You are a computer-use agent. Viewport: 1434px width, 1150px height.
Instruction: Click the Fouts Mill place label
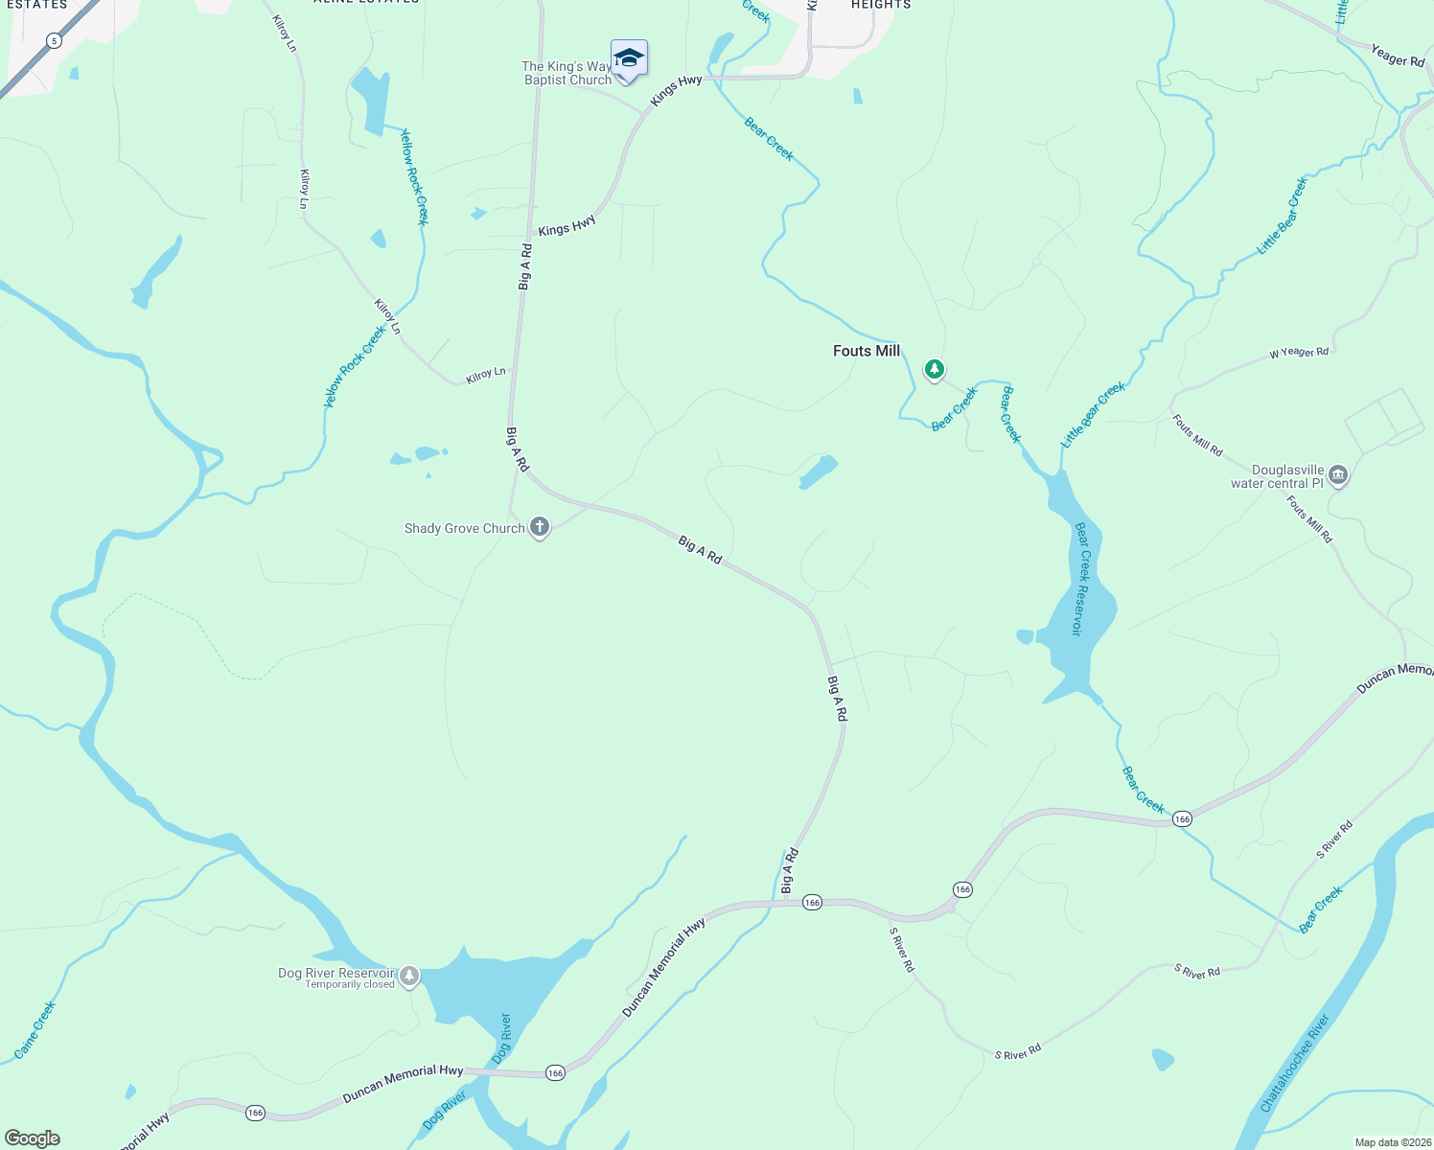(x=866, y=351)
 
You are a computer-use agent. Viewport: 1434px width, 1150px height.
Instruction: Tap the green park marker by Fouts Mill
(x=934, y=369)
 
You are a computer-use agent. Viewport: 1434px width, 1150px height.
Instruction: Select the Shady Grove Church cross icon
(x=540, y=527)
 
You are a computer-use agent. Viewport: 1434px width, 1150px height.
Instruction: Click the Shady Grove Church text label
(x=464, y=528)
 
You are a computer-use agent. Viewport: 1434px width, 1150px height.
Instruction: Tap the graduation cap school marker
(x=629, y=58)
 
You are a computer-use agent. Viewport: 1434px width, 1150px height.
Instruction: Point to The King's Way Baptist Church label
(x=567, y=73)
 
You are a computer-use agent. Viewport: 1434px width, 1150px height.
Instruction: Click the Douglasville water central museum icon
(x=1339, y=474)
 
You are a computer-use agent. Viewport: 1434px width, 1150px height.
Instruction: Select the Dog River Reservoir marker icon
(x=409, y=976)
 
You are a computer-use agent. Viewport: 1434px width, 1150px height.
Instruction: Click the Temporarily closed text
(x=350, y=985)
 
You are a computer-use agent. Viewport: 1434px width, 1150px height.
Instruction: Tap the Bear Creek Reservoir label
(x=1080, y=579)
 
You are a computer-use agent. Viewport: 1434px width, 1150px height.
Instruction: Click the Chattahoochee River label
(x=1294, y=1064)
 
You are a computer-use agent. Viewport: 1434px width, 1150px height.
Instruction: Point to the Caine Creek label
(x=35, y=1030)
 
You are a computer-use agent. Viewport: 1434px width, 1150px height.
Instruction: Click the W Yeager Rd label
(x=1299, y=353)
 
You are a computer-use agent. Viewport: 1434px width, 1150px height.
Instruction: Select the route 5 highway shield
(x=55, y=40)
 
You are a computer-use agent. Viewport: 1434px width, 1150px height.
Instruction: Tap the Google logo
(x=33, y=1138)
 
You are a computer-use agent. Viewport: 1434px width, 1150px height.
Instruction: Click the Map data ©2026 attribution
(x=1392, y=1142)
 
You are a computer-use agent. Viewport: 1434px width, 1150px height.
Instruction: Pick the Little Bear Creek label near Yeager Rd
(x=1283, y=216)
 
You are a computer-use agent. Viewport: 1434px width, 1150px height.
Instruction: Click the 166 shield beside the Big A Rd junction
(x=812, y=903)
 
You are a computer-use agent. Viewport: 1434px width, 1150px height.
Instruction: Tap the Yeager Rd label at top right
(x=1398, y=56)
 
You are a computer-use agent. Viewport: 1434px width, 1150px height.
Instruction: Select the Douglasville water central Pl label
(x=1277, y=476)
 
